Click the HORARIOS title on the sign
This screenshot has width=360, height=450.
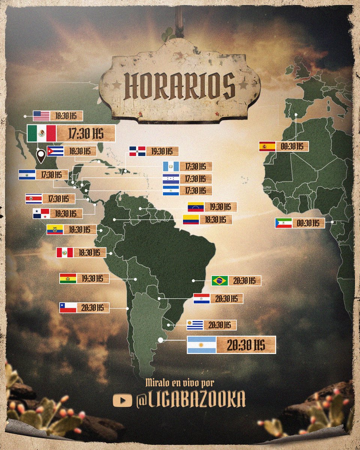180,86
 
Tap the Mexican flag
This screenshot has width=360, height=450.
42,133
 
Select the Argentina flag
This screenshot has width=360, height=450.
201,345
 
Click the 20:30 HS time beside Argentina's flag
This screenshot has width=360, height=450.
246,345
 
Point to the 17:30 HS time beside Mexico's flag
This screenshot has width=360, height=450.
85,133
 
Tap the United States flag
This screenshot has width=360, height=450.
41,115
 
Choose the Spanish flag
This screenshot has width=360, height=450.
267,146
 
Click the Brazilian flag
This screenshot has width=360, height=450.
220,280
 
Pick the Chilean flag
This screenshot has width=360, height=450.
68,308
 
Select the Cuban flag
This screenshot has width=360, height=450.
55,151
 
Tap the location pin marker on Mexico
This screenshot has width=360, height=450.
40,154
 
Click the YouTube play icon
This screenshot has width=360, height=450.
122,401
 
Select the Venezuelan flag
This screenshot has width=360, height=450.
196,207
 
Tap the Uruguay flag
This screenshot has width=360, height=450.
195,325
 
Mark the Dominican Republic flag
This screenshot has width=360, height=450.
137,151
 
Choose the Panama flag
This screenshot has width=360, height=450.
41,213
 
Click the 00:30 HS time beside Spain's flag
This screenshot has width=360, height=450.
292,146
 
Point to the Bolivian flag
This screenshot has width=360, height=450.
68,278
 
